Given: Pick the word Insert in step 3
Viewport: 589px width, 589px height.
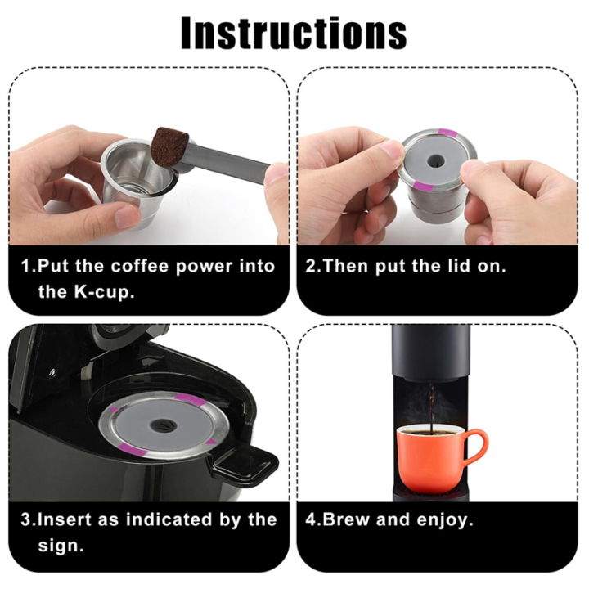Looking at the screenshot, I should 66,519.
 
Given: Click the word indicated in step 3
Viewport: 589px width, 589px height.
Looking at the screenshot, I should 157,519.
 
